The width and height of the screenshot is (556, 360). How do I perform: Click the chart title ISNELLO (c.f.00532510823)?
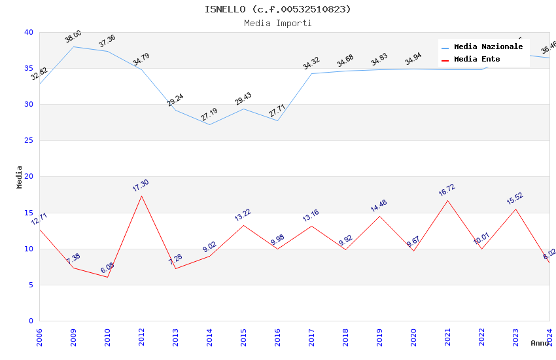point(277,9)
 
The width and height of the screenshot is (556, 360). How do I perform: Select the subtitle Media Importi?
point(277,24)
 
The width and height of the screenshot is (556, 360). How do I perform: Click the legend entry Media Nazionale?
point(488,47)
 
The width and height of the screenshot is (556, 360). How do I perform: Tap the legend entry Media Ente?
point(477,60)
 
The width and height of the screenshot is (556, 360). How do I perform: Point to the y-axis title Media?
point(20,177)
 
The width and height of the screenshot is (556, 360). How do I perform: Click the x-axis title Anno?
point(540,343)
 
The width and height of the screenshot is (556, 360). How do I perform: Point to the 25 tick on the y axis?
point(29,141)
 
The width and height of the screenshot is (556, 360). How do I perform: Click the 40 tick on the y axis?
point(29,32)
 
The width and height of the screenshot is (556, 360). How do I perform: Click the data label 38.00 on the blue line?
point(73,37)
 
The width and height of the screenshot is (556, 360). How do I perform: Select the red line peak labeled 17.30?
point(141,196)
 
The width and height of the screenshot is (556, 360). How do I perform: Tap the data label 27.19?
point(209,115)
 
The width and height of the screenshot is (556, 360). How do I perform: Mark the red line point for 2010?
point(107,277)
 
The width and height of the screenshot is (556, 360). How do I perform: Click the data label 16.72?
point(447,190)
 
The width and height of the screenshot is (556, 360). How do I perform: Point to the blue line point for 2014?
point(209,124)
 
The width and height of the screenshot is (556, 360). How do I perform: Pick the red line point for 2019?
point(379,216)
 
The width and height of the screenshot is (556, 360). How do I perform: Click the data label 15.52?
point(515,199)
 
